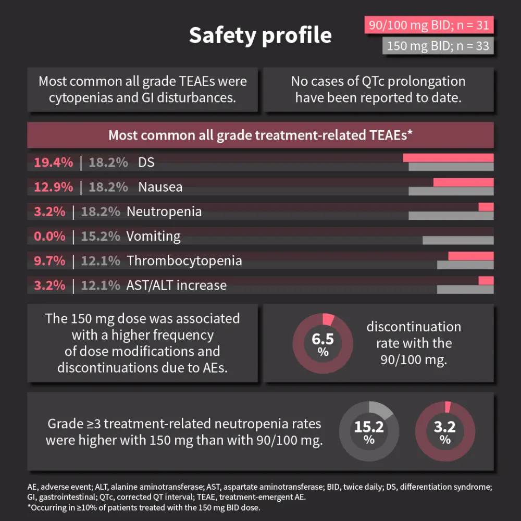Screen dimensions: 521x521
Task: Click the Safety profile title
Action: [260, 35]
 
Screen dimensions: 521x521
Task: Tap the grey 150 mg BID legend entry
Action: [438, 46]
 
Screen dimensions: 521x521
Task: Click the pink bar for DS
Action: [448, 158]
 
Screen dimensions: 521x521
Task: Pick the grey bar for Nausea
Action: [451, 191]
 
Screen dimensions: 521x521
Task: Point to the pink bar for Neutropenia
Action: [486, 207]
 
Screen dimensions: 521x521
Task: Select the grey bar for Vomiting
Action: [458, 240]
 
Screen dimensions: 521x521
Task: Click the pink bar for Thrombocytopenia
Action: [471, 256]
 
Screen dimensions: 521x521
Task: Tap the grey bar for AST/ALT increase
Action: [465, 289]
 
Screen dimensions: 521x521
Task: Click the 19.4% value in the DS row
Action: [54, 163]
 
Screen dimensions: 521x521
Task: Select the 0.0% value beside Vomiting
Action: [50, 236]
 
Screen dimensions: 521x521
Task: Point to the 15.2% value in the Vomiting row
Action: [101, 236]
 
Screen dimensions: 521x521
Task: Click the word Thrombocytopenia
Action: [184, 260]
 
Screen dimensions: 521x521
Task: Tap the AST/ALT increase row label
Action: [177, 285]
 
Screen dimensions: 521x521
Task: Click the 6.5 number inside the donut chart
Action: [322, 339]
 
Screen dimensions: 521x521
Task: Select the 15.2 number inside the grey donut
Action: [369, 427]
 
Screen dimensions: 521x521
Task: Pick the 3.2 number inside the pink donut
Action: [445, 427]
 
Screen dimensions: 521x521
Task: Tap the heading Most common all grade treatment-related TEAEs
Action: [260, 135]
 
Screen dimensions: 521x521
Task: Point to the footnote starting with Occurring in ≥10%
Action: [144, 507]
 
